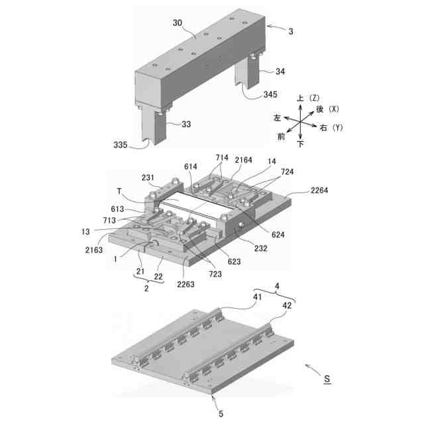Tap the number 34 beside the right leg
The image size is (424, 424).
click(262, 72)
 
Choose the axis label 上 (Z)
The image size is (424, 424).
click(305, 98)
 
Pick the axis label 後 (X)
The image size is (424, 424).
click(327, 109)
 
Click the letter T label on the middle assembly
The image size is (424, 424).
click(121, 191)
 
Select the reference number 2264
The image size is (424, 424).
click(323, 189)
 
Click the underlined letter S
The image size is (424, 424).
click(326, 380)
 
